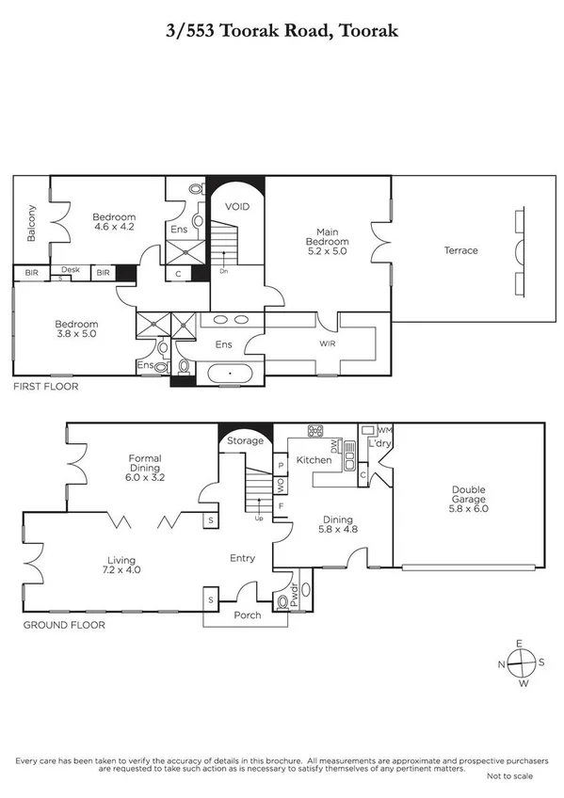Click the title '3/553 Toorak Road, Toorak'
(282, 31)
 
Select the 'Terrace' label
(461, 250)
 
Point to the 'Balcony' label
(31, 223)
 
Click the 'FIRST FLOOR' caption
(45, 387)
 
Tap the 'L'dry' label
(379, 442)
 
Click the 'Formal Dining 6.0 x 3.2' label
(145, 468)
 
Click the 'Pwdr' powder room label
(295, 593)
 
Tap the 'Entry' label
(243, 558)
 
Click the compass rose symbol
(520, 662)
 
